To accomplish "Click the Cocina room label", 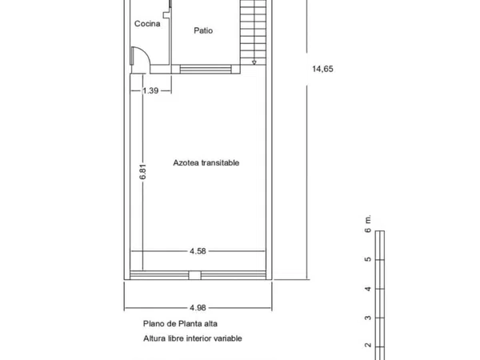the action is (147, 23).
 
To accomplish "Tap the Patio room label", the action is (203, 30).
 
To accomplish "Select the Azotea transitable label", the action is (206, 162).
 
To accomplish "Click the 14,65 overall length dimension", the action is (322, 69).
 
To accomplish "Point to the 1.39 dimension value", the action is (150, 90).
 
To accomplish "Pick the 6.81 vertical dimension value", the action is (142, 172).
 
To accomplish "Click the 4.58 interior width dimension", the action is (198, 251).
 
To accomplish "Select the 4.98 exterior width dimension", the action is (198, 308).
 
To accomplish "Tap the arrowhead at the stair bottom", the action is (254, 62).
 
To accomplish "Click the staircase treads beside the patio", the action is (253, 30).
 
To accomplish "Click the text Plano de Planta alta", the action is (180, 323).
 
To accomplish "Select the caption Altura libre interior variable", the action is (193, 338).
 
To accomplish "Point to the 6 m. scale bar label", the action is (368, 224).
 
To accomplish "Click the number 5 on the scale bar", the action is (368, 259).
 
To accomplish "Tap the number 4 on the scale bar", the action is (368, 289).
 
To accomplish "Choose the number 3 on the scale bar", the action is (368, 318).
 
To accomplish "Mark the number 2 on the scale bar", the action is (368, 346).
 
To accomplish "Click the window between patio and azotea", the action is (206, 69).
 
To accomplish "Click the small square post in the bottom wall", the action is (194, 275).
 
